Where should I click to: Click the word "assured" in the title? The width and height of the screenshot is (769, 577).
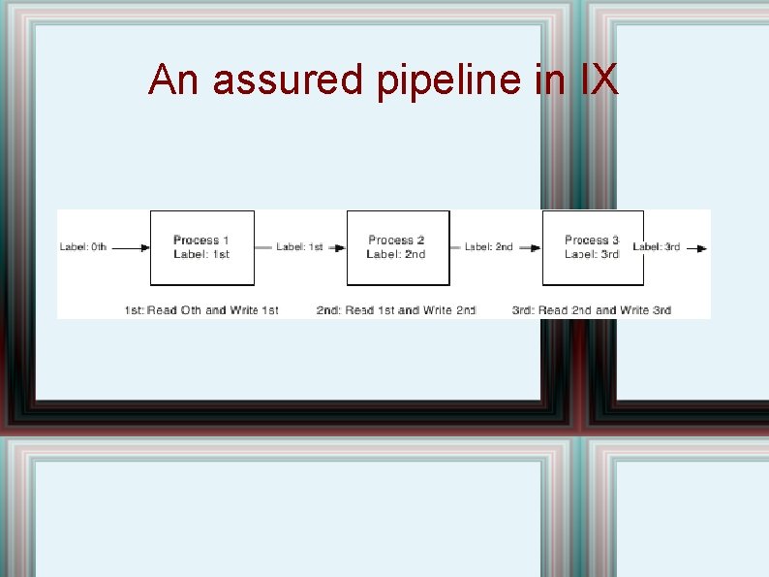click(x=287, y=80)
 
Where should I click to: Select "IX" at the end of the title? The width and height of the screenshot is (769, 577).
click(x=599, y=80)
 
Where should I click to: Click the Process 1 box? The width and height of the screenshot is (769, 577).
click(x=201, y=247)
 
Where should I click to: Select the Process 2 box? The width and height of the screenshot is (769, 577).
click(x=397, y=247)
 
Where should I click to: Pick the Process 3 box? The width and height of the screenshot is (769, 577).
click(x=593, y=247)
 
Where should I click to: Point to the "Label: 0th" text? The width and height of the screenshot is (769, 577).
click(x=83, y=247)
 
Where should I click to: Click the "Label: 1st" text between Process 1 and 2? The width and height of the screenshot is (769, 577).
click(x=299, y=247)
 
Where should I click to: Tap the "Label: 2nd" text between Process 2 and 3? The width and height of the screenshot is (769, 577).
click(x=488, y=247)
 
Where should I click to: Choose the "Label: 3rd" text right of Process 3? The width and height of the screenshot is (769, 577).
click(x=656, y=247)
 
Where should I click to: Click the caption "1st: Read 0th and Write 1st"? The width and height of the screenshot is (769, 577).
click(x=201, y=310)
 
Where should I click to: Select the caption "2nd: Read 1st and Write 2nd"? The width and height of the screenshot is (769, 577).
click(x=396, y=310)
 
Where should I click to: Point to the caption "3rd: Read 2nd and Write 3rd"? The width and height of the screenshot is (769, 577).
click(x=592, y=310)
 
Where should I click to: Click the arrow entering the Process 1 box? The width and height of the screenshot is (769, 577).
click(x=131, y=248)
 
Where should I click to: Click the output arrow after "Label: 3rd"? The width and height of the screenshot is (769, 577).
click(x=696, y=248)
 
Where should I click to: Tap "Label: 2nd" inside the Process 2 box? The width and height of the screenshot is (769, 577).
click(x=396, y=254)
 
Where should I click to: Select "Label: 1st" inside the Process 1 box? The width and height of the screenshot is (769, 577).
click(x=201, y=254)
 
